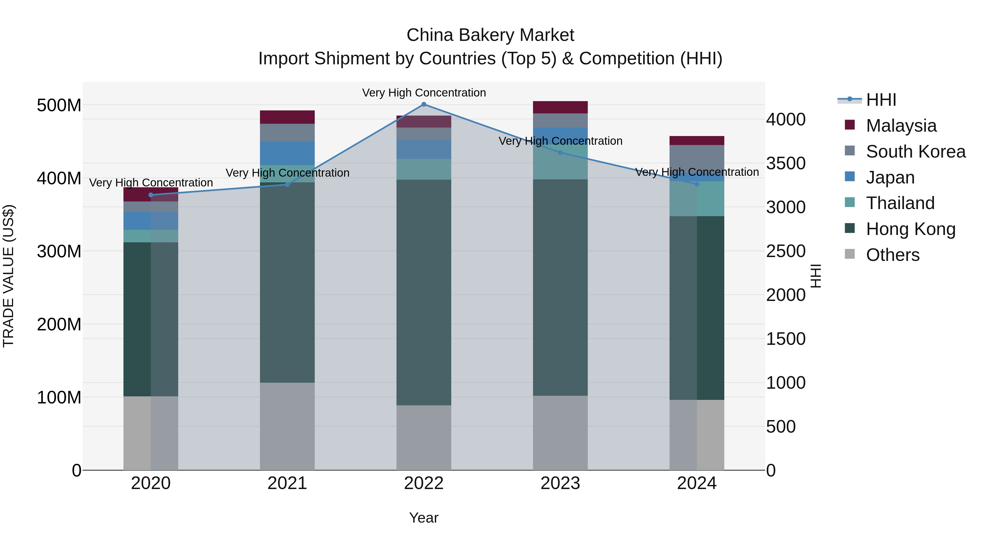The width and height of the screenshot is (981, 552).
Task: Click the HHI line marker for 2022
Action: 424,104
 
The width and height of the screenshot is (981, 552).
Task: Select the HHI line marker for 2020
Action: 151,195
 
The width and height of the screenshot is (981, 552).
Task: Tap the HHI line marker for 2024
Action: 697,184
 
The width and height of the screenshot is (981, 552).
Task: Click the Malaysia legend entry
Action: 901,126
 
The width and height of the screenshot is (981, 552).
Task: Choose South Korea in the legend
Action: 916,152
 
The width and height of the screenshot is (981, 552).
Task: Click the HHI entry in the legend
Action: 881,100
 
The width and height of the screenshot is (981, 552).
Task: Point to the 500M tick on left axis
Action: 59,105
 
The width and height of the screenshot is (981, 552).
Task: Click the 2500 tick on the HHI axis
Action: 786,251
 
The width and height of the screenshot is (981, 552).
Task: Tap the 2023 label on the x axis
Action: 560,483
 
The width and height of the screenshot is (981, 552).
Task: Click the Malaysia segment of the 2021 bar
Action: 287,117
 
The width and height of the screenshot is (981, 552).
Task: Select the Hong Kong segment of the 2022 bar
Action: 424,292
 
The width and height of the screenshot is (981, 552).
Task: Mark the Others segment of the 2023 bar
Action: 560,433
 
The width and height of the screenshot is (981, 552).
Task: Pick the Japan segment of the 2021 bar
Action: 287,153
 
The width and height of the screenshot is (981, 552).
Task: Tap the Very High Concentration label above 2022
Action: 424,93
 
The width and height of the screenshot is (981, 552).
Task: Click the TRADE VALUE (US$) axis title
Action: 8,276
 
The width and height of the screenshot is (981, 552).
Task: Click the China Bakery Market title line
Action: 490,35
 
